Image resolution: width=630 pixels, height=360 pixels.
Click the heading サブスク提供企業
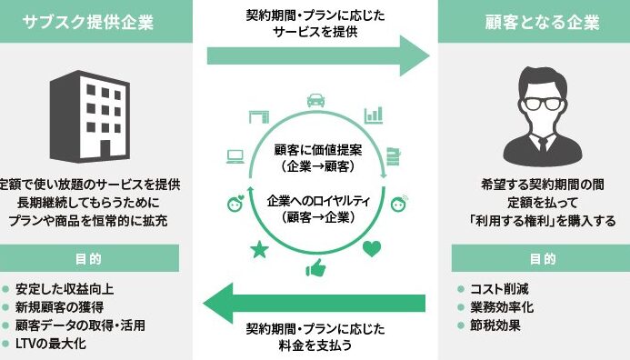pyautogui.click(x=88, y=22)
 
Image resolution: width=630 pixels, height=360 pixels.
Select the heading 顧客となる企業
pyautogui.click(x=542, y=22)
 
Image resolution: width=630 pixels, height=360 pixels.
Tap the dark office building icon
pyautogui.click(x=90, y=117)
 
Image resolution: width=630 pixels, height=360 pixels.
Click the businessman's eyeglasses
pyautogui.click(x=544, y=104)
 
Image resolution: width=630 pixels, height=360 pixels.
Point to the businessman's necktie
pyautogui.click(x=543, y=145)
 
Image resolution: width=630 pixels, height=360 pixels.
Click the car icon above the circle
pyautogui.click(x=315, y=100)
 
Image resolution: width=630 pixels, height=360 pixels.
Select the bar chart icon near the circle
pyautogui.click(x=374, y=115)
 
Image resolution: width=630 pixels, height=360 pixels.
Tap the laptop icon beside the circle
pyautogui.click(x=235, y=156)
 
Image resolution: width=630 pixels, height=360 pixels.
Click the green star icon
pyautogui.click(x=260, y=249)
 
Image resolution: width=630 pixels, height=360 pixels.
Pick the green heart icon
pyautogui.click(x=372, y=249)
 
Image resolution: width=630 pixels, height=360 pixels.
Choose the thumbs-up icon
pyautogui.click(x=315, y=268)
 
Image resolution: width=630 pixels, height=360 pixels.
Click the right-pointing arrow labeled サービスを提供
pyautogui.click(x=318, y=55)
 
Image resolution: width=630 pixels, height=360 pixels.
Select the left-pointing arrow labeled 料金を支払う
pyautogui.click(x=315, y=303)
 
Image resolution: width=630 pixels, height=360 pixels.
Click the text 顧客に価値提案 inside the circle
pyautogui.click(x=318, y=150)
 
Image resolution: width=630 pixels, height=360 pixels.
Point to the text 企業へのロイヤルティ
pyautogui.click(x=318, y=201)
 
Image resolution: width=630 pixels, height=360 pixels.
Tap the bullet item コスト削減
pyautogui.click(x=499, y=289)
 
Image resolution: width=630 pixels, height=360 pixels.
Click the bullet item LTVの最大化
pyautogui.click(x=51, y=344)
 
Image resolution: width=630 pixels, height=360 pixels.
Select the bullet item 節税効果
pyautogui.click(x=495, y=325)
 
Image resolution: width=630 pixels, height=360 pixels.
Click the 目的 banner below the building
pyautogui.click(x=89, y=258)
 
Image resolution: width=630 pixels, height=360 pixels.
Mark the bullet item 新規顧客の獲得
pyautogui.click(x=59, y=307)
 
